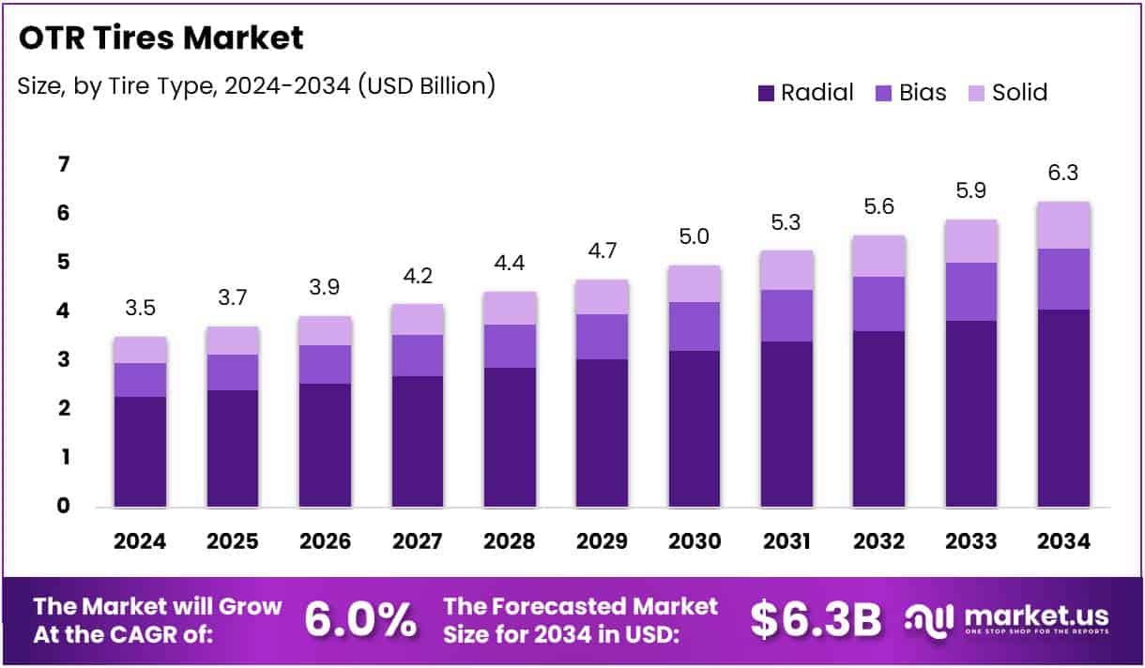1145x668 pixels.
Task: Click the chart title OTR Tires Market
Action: click(x=160, y=38)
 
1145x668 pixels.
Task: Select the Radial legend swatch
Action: click(x=766, y=93)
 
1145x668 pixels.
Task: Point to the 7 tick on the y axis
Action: click(x=63, y=165)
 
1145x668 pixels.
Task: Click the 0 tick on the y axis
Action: click(x=63, y=506)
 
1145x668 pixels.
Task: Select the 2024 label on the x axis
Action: click(x=140, y=541)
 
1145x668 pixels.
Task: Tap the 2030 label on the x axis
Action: click(x=695, y=541)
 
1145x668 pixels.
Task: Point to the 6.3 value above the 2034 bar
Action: click(x=1064, y=174)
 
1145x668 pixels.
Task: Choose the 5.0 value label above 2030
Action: click(x=695, y=238)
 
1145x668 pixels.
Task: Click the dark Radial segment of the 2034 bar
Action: click(x=1064, y=408)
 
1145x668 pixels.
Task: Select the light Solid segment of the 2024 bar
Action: click(x=140, y=350)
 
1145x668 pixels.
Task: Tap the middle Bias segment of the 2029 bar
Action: click(x=603, y=337)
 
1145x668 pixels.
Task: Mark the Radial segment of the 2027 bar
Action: click(x=418, y=441)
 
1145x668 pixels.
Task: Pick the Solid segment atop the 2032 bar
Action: click(x=879, y=256)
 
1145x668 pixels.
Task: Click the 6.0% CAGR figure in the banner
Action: click(x=360, y=618)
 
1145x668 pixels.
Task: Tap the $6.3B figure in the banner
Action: click(x=817, y=618)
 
